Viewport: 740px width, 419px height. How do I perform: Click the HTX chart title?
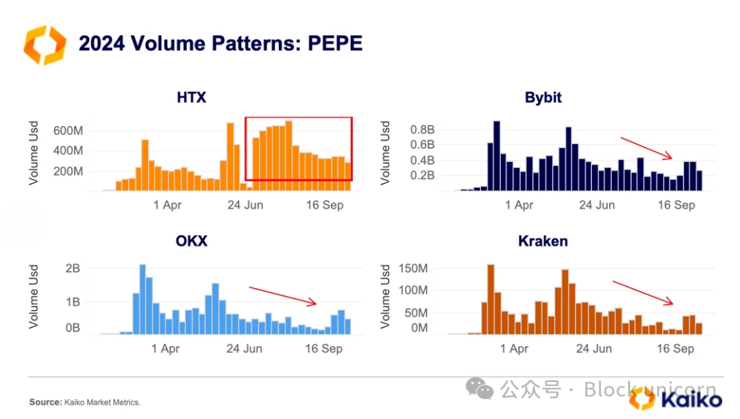tap(191, 97)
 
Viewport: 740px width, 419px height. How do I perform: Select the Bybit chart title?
tap(543, 97)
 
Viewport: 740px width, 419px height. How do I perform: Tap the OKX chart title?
tap(191, 241)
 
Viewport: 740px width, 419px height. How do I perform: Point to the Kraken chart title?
tap(543, 241)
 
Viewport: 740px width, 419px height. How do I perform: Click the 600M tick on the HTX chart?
tap(68, 130)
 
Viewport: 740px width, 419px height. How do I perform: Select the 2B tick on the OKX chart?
tap(73, 268)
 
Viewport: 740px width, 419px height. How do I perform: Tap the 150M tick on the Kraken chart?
tap(412, 267)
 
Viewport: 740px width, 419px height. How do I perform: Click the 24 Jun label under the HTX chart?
tap(245, 205)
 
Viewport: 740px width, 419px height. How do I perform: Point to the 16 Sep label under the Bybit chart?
tap(676, 205)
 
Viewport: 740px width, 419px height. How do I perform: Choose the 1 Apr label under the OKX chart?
tap(165, 348)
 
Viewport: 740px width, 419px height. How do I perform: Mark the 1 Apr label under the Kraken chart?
tap(514, 348)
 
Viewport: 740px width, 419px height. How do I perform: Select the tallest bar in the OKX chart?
tap(143, 299)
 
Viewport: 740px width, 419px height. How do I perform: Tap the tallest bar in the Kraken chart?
tap(491, 299)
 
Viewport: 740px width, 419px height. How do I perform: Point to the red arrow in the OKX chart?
tap(283, 296)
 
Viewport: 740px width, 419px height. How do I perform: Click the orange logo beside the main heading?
tap(44, 45)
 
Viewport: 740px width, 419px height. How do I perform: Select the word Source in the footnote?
tap(45, 403)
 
